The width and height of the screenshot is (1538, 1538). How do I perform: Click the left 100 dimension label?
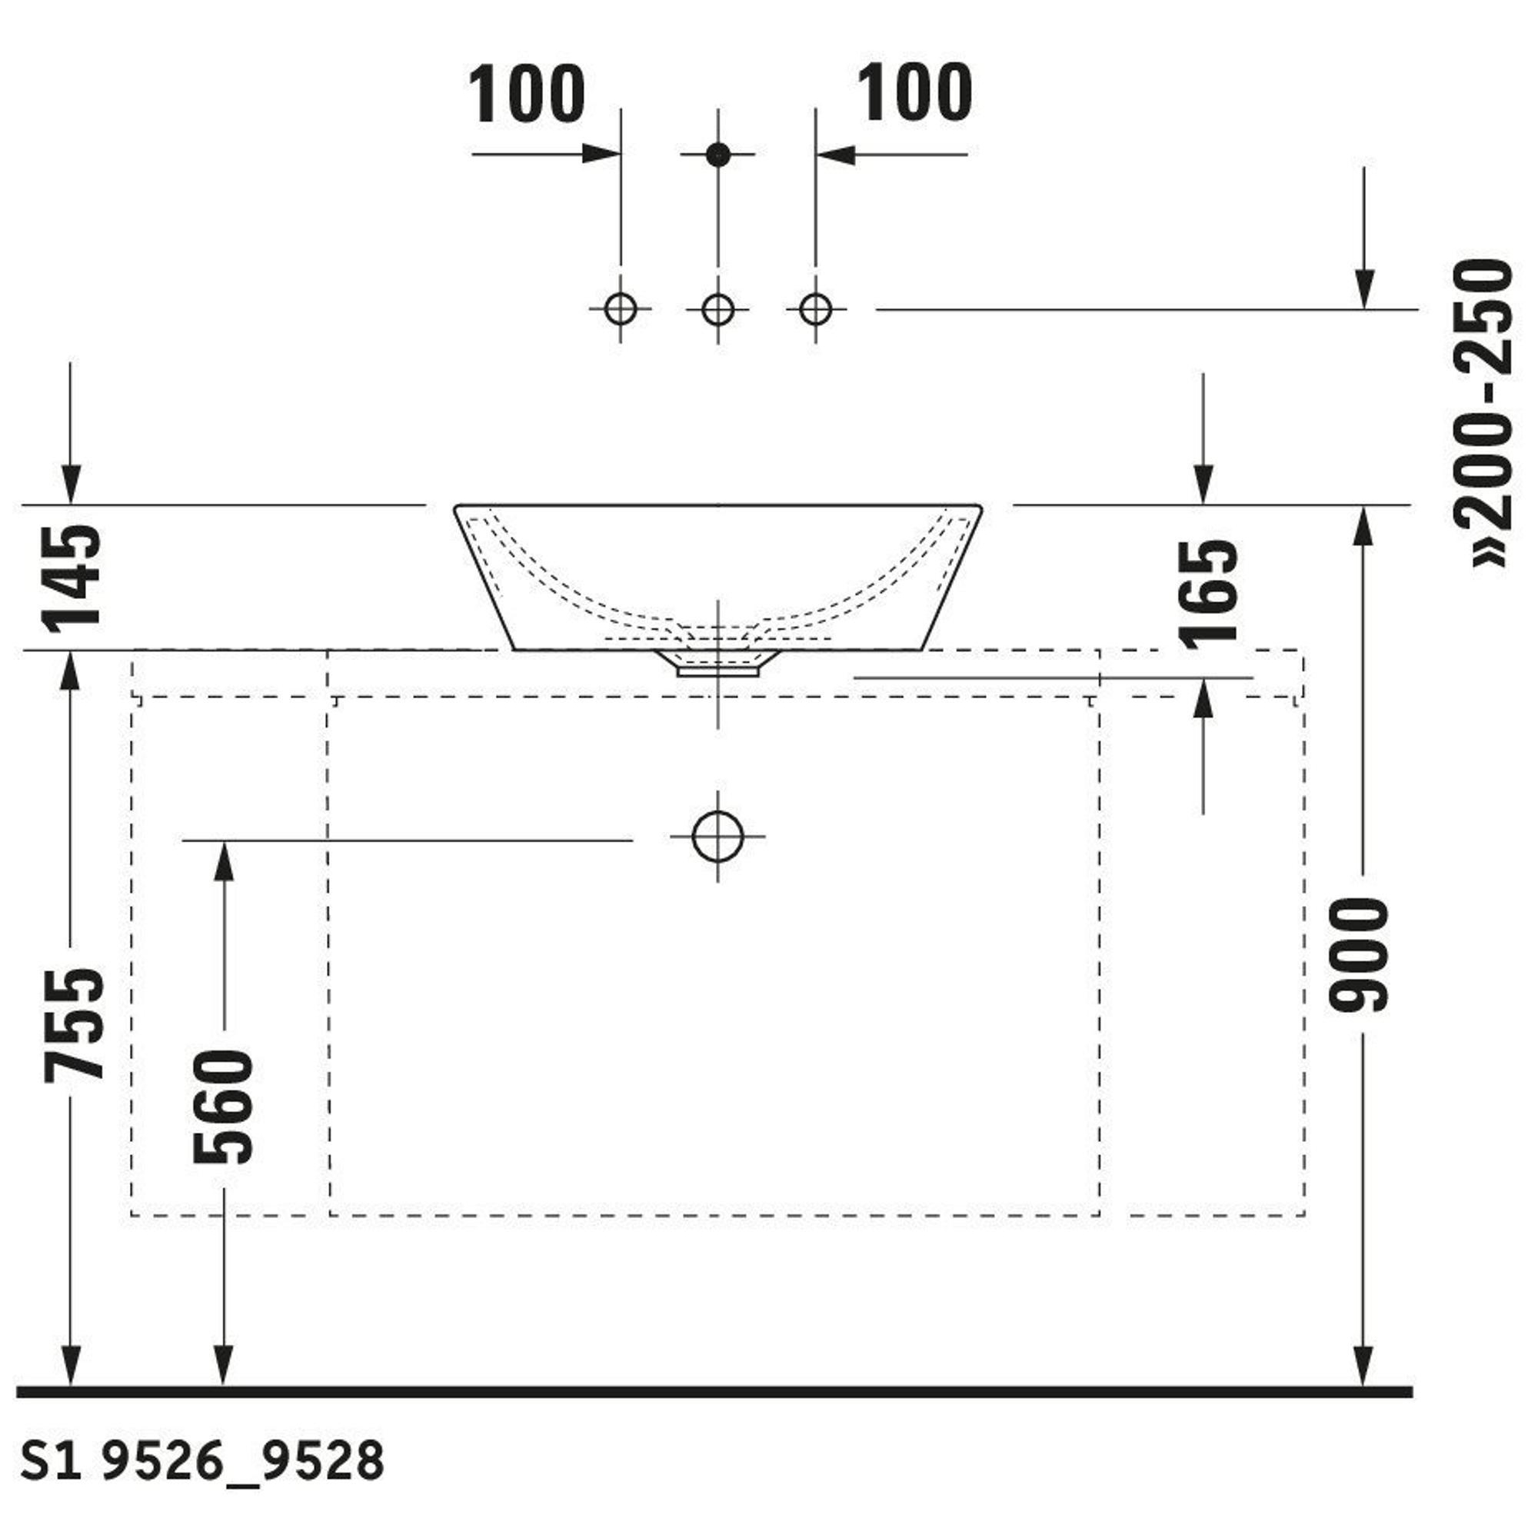coord(526,95)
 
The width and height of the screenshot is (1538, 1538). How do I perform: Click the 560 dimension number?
coord(223,1107)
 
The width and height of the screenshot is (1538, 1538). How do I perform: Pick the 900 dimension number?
coord(1359,955)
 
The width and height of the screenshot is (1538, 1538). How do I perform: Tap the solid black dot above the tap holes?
coord(718,155)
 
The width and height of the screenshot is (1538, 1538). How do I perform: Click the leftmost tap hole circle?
coord(621,309)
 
